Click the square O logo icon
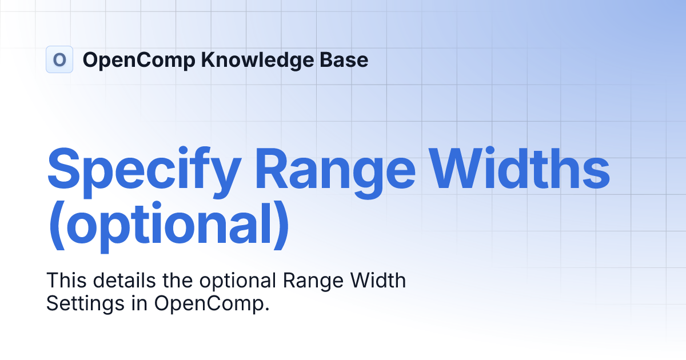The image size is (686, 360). pyautogui.click(x=59, y=59)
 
